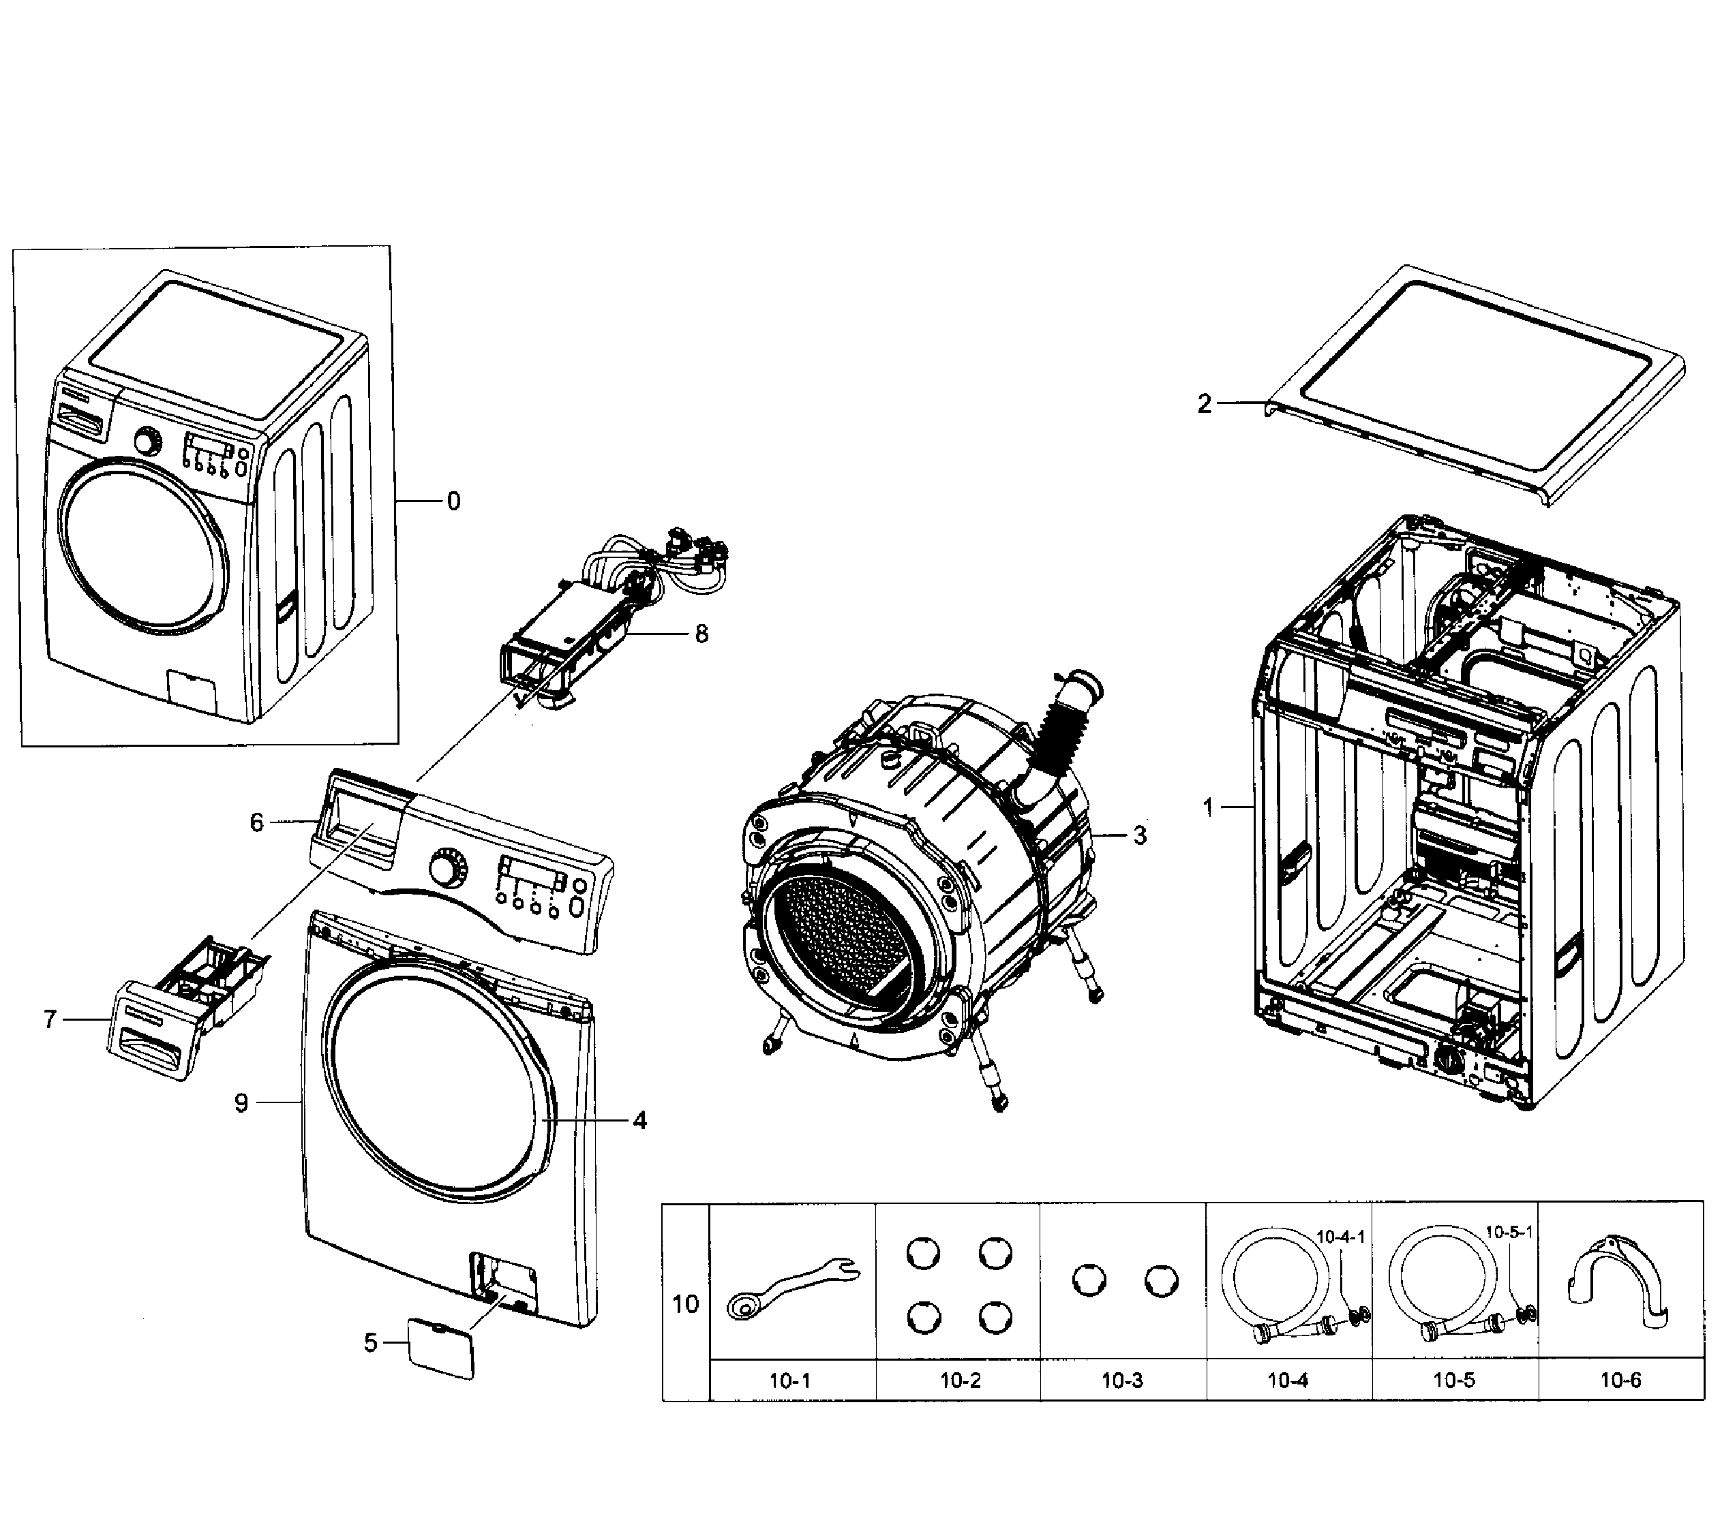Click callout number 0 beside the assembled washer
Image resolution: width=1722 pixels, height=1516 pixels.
point(453,502)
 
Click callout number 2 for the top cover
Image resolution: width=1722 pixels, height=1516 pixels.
point(1204,404)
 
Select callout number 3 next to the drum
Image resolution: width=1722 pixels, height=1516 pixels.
point(1139,835)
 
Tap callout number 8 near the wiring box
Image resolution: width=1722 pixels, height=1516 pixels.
point(701,634)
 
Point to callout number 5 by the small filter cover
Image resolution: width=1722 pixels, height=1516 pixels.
point(371,1342)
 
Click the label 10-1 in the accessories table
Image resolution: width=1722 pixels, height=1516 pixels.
point(789,1380)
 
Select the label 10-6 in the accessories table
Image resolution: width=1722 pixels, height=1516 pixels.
point(1620,1380)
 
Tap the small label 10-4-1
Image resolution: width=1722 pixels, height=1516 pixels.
point(1340,1237)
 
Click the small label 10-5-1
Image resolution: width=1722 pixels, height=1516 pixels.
point(1509,1232)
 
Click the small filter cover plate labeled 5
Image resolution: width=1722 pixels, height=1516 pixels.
point(440,1348)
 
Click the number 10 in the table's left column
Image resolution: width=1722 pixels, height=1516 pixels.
point(685,1305)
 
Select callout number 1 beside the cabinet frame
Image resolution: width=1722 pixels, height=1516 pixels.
point(1208,807)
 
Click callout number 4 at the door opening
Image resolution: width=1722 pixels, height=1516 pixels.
point(639,1120)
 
